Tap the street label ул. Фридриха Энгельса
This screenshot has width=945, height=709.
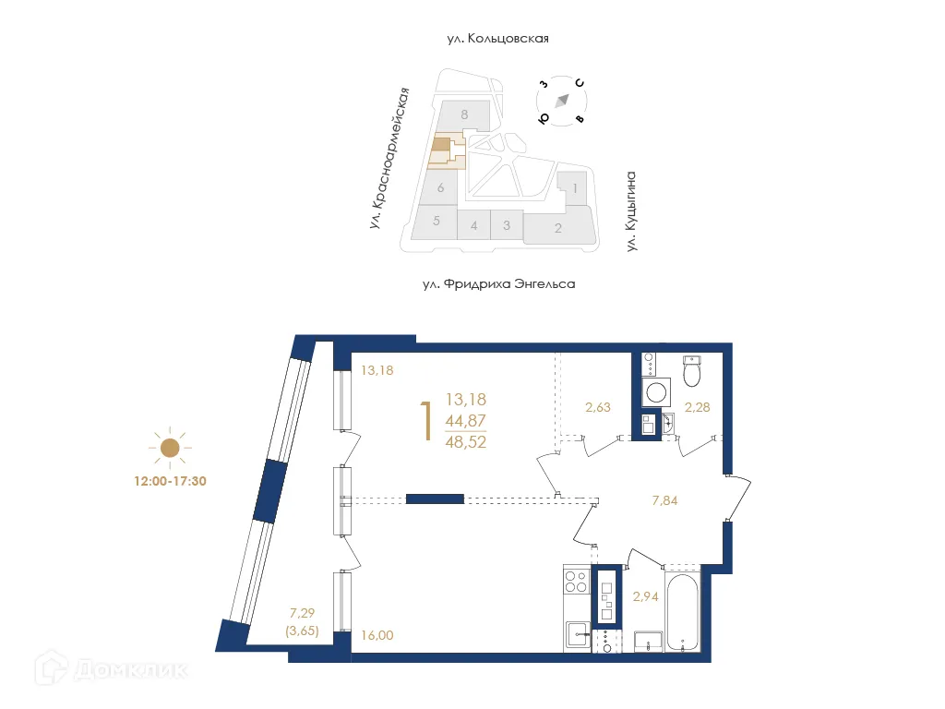(498, 284)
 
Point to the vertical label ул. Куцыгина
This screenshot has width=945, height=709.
(632, 210)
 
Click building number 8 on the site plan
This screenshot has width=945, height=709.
(465, 114)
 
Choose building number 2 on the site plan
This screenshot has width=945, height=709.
(557, 228)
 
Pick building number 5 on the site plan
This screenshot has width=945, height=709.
(436, 222)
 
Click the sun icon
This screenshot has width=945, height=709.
(169, 449)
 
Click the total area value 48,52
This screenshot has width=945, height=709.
(465, 441)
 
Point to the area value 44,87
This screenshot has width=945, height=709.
(465, 421)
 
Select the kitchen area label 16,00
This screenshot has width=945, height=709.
(376, 635)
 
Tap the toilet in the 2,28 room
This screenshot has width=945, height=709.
(693, 371)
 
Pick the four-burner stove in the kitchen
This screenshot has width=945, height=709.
(576, 583)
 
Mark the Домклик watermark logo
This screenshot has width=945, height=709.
(102, 667)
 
